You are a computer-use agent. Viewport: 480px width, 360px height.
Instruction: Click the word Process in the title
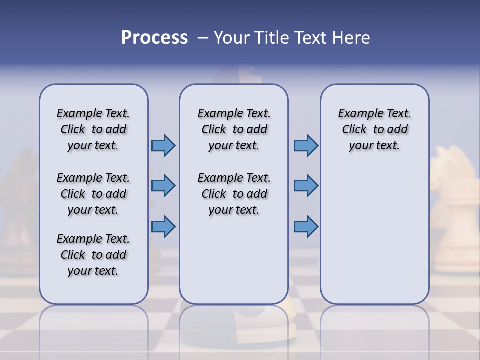pos(154,37)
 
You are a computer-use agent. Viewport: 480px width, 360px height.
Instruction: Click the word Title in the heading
pos(273,38)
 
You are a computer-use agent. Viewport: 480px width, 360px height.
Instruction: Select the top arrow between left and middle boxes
pos(163,145)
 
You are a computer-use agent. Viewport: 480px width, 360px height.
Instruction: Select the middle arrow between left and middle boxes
pos(163,186)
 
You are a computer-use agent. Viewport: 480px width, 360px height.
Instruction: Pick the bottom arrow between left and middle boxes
pos(163,226)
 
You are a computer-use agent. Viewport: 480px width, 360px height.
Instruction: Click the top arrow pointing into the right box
pos(306,145)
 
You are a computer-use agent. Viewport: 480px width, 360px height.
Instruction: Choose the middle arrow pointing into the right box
pos(306,186)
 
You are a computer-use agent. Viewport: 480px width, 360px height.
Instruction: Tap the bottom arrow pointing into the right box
pos(306,226)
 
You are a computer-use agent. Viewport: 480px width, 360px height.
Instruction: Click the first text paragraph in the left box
pos(93,129)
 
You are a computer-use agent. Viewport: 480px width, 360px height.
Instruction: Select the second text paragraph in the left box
pos(93,194)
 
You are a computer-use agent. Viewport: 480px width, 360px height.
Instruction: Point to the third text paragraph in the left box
pos(93,255)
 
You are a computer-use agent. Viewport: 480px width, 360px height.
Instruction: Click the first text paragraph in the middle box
pos(234,129)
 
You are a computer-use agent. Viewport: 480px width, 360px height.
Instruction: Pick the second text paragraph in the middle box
pos(234,194)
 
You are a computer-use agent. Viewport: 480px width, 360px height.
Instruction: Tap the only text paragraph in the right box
pos(374,129)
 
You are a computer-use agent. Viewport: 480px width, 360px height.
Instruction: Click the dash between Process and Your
pos(202,38)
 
